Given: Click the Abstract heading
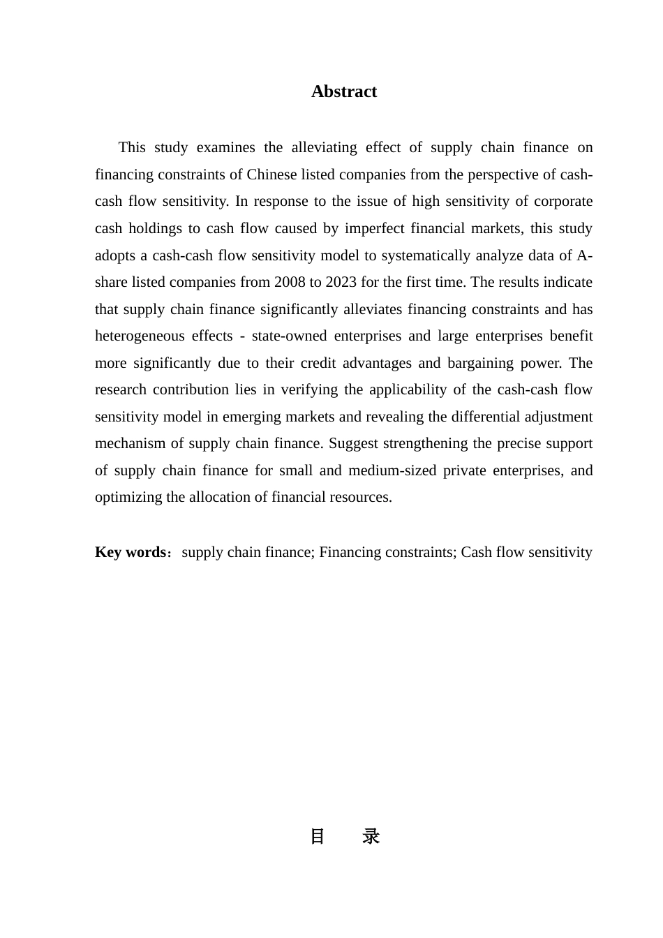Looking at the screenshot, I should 344,92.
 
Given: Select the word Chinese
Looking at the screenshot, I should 271,174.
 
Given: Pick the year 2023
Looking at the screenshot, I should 341,282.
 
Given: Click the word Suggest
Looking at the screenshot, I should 353,443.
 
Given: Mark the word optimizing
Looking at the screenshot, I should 124,497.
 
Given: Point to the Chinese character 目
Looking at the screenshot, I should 318,836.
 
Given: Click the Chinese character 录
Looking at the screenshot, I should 371,836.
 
